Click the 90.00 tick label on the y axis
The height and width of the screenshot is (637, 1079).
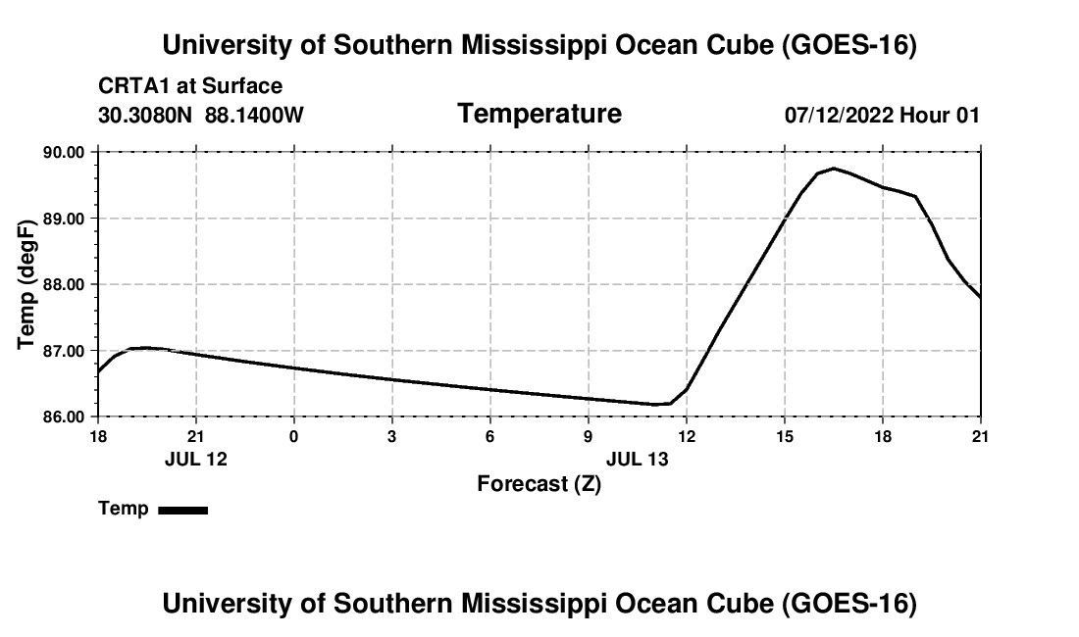[x=65, y=152]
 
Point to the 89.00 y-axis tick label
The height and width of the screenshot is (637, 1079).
[x=65, y=219]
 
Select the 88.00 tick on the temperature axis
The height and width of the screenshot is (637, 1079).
[x=65, y=284]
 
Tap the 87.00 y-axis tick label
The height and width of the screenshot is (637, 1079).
[x=65, y=351]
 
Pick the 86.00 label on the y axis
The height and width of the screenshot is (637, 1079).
[x=65, y=417]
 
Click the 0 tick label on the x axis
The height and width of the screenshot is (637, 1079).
[x=294, y=436]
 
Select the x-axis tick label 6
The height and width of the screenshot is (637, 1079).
[x=489, y=436]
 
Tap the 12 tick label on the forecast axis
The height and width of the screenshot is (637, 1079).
[x=687, y=436]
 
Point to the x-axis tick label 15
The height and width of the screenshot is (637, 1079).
[x=785, y=436]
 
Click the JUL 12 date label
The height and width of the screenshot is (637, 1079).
[x=196, y=459]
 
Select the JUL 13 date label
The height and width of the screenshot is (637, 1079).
[x=638, y=459]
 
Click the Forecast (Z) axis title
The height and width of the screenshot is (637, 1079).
[x=539, y=484]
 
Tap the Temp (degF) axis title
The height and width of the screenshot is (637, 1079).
[x=26, y=284]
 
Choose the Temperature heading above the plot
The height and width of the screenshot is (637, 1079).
[x=539, y=114]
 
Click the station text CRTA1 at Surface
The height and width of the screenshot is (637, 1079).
[x=190, y=86]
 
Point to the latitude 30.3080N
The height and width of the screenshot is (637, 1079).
[x=145, y=115]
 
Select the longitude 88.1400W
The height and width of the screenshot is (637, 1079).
[x=254, y=115]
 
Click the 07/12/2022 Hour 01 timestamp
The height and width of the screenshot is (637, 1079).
[x=882, y=115]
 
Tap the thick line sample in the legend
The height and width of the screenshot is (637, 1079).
[x=183, y=510]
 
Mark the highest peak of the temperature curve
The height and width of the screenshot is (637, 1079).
[x=834, y=169]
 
